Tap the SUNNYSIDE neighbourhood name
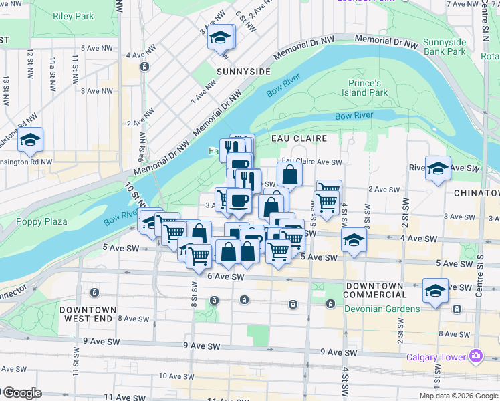coord(243,71)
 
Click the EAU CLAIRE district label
coord(299,138)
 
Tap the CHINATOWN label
coord(476,192)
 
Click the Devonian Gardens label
coord(382,309)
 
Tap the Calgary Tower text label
coord(436,356)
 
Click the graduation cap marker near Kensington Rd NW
coord(31,140)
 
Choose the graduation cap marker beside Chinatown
coord(438,168)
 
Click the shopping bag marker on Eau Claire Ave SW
coord(290,174)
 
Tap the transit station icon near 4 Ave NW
coord(144,67)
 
